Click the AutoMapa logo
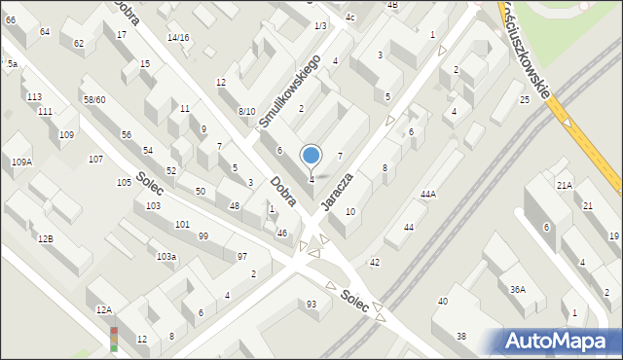pos(562,341)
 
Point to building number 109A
pos(21,162)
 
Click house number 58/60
pos(94,100)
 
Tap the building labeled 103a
pos(166,256)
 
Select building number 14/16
pos(178,38)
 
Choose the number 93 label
pos(311,305)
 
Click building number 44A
pos(428,195)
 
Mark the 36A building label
pos(518,289)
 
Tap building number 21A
pos(564,185)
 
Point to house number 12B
pos(45,238)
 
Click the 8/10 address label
pos(247,112)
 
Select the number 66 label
pos(10,19)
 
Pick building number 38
pos(461,337)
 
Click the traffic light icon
pos(114,338)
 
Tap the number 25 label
pos(524,100)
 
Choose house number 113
pos(34,97)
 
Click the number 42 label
pos(375,263)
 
